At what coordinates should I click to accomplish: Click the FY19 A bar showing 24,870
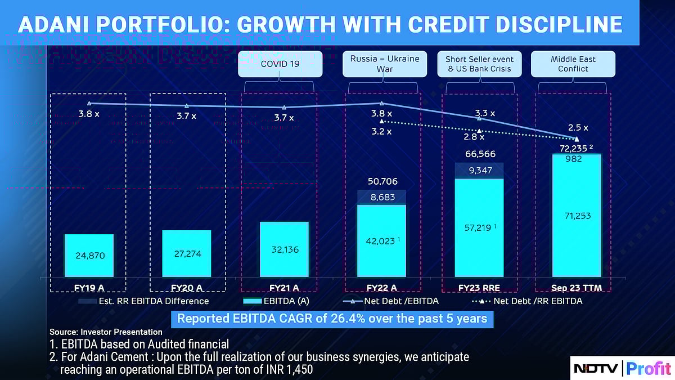tap(89, 255)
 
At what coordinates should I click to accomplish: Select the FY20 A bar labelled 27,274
tap(186, 253)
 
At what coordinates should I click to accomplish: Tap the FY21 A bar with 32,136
tap(284, 248)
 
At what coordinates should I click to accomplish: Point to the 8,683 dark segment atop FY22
tap(382, 197)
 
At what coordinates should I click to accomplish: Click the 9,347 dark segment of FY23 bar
tap(479, 171)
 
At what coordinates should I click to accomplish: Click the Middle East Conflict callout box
tap(573, 64)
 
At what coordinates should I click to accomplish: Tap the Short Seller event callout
tap(479, 64)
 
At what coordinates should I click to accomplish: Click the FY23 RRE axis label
tap(479, 288)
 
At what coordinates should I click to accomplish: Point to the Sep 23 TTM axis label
tap(573, 288)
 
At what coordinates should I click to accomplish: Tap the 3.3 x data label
tap(485, 113)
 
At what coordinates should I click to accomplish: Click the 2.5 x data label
tap(578, 128)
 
